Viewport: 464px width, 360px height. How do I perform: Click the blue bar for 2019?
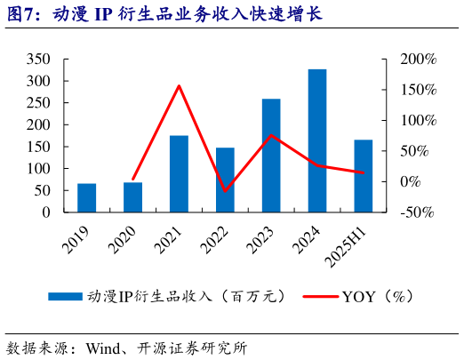86,197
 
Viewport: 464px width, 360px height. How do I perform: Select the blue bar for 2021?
179,173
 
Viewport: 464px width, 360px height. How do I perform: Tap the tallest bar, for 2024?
317,140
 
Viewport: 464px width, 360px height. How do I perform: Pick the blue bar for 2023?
271,156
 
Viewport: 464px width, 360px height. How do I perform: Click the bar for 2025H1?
364,176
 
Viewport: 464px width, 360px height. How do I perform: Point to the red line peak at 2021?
179,86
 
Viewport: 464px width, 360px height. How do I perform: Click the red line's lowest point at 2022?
225,190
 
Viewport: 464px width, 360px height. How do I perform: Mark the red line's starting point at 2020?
132,180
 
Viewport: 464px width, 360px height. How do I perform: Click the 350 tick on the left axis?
38,60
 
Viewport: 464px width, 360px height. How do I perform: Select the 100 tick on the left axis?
38,169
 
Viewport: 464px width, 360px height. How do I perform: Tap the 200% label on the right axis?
419,60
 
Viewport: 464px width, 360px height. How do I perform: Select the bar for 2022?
225,180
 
